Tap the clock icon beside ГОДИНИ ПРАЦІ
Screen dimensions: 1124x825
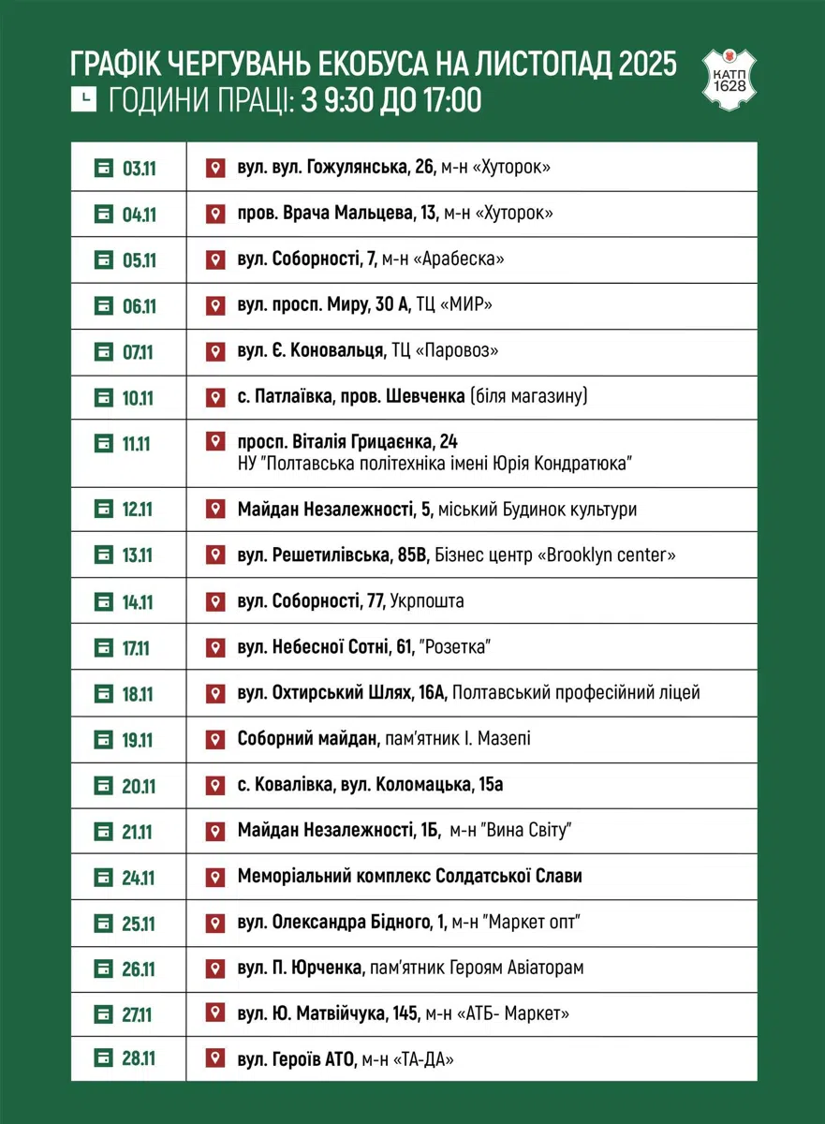(x=83, y=98)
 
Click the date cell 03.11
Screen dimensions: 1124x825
(x=139, y=169)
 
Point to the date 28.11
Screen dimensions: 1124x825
(x=139, y=1059)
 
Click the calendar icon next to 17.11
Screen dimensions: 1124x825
(x=103, y=647)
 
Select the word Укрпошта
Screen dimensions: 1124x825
(x=427, y=601)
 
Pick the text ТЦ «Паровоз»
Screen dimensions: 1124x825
(x=445, y=351)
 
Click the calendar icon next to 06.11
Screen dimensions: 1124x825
(x=103, y=305)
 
